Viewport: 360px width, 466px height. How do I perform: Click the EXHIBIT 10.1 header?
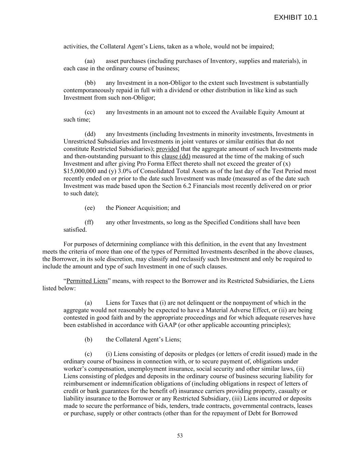(296, 17)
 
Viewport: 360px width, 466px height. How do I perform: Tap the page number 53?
(180, 436)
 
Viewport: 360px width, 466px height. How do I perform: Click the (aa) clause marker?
(90, 61)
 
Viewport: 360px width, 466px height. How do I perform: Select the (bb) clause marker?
(90, 83)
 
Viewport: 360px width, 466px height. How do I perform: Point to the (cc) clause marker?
(90, 112)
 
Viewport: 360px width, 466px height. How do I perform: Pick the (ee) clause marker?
(90, 208)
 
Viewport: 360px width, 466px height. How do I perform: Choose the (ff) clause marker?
(89, 223)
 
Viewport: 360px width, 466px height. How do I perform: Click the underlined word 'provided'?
(168, 149)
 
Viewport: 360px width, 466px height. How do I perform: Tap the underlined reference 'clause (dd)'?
(176, 156)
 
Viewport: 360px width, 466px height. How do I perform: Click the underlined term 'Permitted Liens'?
(87, 281)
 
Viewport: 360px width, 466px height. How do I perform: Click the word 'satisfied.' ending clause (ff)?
(75, 230)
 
